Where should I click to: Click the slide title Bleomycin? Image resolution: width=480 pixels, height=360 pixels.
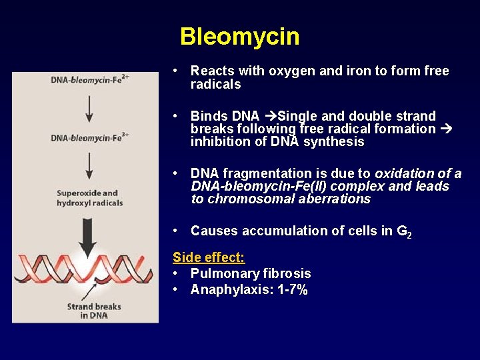pyautogui.click(x=239, y=37)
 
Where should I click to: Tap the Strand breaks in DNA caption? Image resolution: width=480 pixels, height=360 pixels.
pyautogui.click(x=94, y=311)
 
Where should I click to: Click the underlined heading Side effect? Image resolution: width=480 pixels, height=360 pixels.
pyautogui.click(x=209, y=257)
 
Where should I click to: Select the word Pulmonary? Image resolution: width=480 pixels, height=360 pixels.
pyautogui.click(x=219, y=273)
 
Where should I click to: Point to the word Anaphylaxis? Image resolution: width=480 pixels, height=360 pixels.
pyautogui.click(x=226, y=289)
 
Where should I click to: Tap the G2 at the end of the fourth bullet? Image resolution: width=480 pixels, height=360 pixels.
pyautogui.click(x=403, y=231)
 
